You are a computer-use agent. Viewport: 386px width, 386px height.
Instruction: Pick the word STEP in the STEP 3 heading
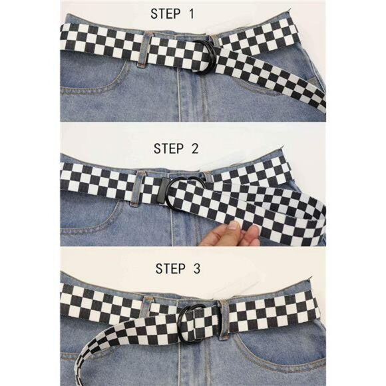[x=172, y=269]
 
